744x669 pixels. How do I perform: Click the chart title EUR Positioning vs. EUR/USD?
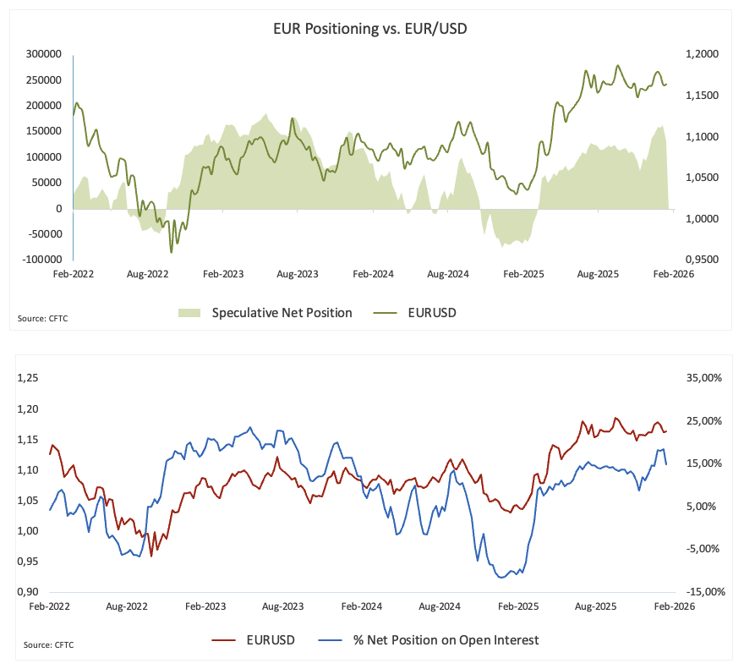pyautogui.click(x=371, y=30)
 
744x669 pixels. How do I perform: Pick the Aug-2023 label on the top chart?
pyautogui.click(x=298, y=274)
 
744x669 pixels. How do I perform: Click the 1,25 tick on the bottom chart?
pyautogui.click(x=29, y=378)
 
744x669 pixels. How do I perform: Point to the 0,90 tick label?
pyautogui.click(x=29, y=592)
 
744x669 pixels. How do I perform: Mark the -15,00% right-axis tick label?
pyautogui.click(x=702, y=592)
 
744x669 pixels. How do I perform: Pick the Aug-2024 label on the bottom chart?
pyautogui.click(x=440, y=606)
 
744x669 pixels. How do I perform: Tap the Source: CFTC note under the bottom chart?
pyautogui.click(x=48, y=645)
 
